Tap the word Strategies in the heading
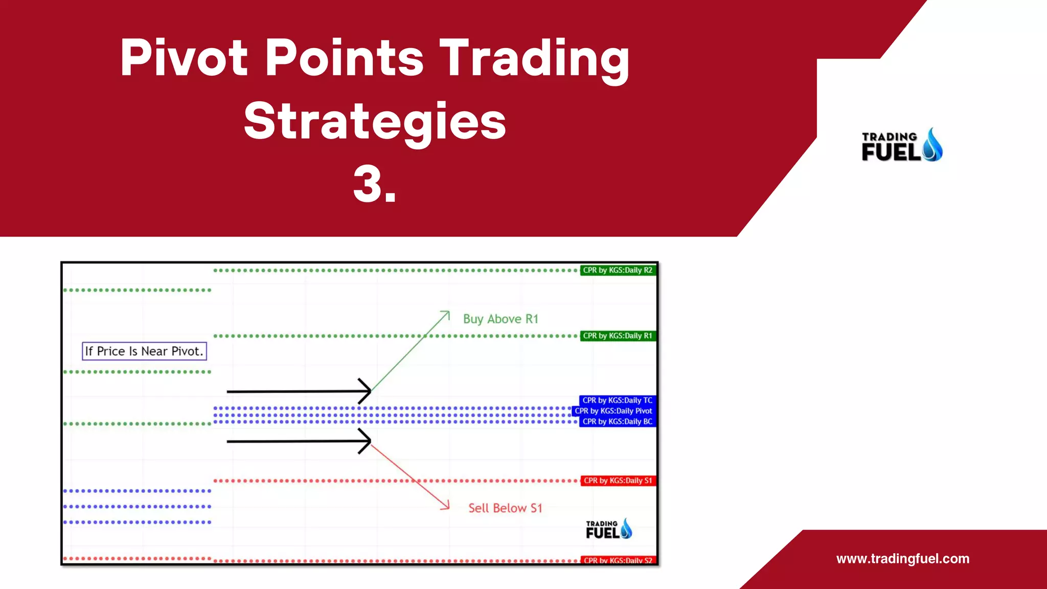[x=375, y=121]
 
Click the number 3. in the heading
[x=375, y=185]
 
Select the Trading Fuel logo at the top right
[x=902, y=146]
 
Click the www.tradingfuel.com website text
[x=903, y=558]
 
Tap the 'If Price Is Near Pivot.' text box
[x=144, y=351]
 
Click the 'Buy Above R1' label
[x=500, y=319]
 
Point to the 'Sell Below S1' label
[x=505, y=508]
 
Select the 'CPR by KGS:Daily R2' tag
[x=618, y=270]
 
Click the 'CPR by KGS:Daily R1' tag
[x=618, y=336]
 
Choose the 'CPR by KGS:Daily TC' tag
[x=617, y=400]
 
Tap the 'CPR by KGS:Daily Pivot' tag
[x=613, y=411]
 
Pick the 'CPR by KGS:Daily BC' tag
[x=617, y=422]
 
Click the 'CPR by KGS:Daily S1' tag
[x=618, y=481]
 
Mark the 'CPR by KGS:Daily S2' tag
[x=618, y=560]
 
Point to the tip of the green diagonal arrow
[x=448, y=312]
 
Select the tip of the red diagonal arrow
[x=448, y=508]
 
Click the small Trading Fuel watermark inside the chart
[x=609, y=530]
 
